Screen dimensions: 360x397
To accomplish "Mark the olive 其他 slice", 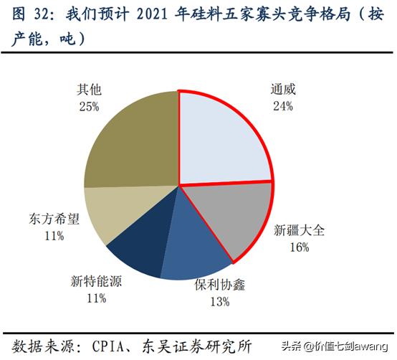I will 133,143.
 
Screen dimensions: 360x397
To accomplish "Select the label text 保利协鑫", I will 220,285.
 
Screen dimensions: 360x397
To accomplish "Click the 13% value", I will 220,301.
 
